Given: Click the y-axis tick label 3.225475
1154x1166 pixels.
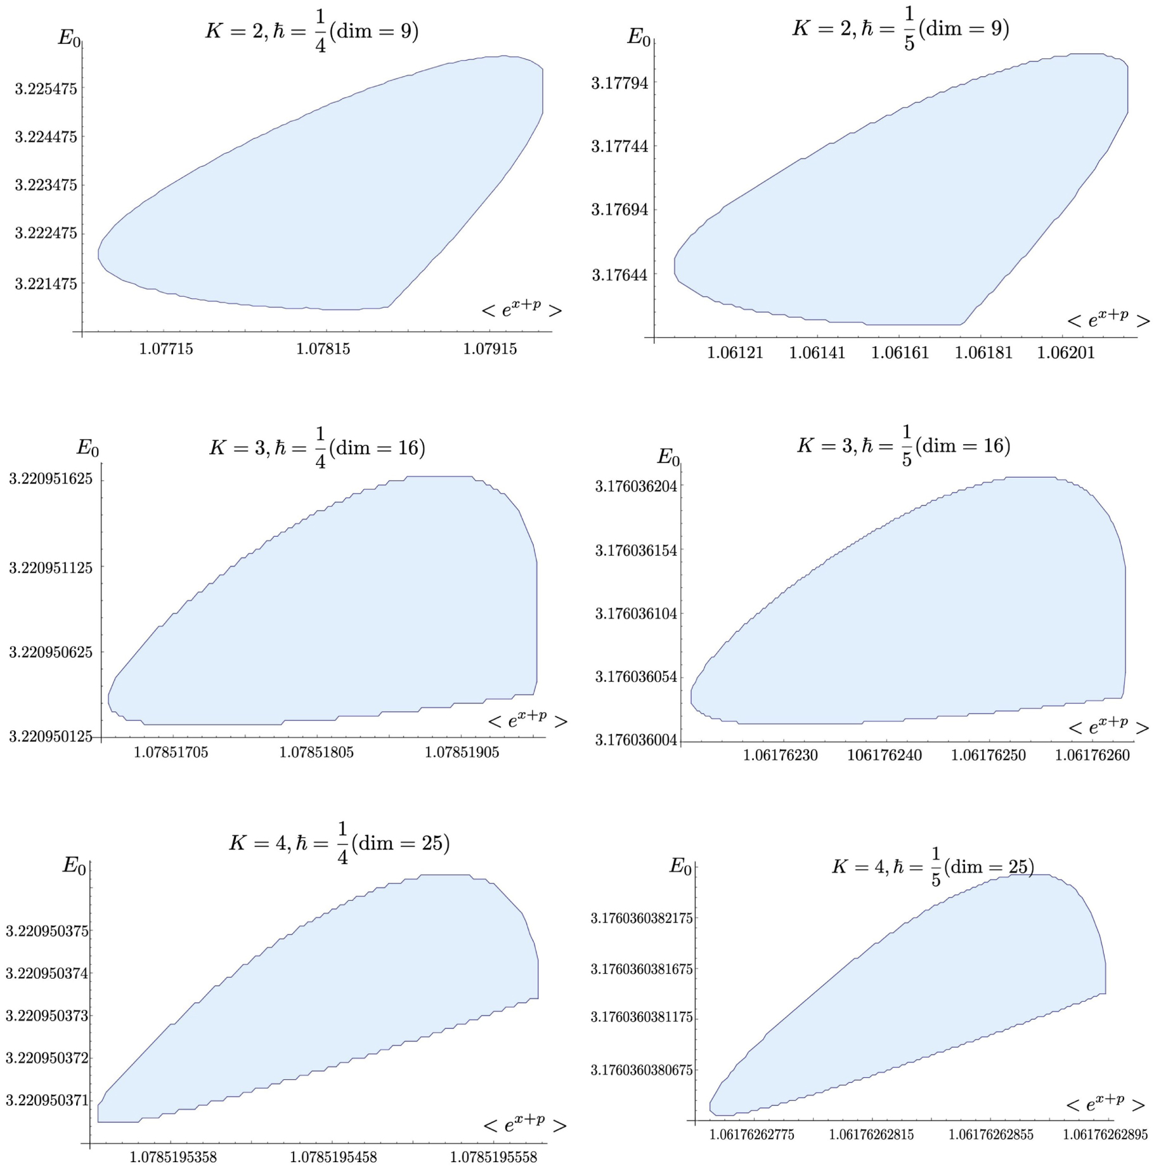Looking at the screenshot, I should tap(46, 89).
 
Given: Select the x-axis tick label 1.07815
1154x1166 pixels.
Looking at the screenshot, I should tap(323, 350).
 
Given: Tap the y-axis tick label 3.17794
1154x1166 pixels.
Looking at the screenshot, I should tap(619, 83).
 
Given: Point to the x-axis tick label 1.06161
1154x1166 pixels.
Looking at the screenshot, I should tap(900, 353).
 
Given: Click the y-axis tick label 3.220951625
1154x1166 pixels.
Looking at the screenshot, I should tap(51, 479).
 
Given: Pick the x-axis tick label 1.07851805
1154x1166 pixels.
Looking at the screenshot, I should tap(317, 752).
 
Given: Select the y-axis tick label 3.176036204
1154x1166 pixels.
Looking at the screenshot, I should tap(636, 486).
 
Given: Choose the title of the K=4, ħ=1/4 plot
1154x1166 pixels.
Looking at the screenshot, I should tap(339, 844).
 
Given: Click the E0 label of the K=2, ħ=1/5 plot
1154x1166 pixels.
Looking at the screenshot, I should tap(639, 37).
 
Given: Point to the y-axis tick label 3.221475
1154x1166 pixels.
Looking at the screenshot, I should tap(46, 284).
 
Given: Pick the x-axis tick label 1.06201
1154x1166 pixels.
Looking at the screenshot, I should tap(1066, 353).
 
